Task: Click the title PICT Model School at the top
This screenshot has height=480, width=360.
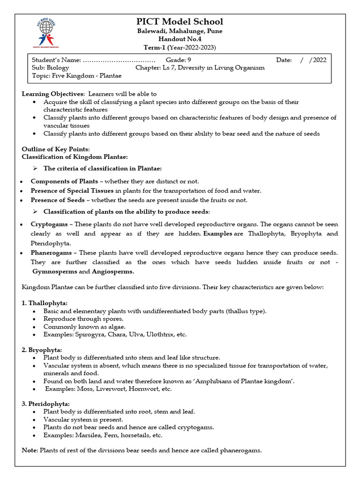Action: [180, 22]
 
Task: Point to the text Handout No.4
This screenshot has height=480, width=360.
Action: [180, 39]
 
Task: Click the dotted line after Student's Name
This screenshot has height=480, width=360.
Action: [119, 60]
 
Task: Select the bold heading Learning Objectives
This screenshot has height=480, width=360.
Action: [53, 94]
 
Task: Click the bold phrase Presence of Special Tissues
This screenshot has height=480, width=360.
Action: [72, 191]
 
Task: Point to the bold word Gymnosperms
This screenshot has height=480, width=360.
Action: [54, 271]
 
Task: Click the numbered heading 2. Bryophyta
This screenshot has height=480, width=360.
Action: [42, 350]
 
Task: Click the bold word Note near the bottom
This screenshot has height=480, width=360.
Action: [30, 450]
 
